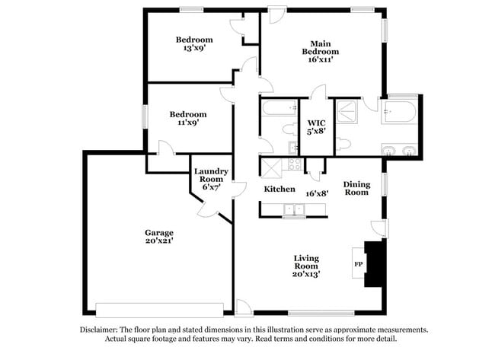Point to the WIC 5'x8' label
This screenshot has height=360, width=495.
317,127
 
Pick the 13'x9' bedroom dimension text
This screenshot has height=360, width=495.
194,48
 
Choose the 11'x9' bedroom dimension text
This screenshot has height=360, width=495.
187,123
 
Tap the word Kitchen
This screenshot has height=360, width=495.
279,189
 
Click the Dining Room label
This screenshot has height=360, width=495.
356,188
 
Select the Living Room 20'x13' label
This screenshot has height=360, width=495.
306,266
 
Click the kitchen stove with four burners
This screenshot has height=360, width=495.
293,164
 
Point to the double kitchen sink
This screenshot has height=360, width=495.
292,209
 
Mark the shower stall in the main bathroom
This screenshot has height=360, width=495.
347,112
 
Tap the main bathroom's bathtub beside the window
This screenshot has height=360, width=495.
398,113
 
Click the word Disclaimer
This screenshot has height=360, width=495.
100,330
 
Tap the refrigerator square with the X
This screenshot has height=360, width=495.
270,164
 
